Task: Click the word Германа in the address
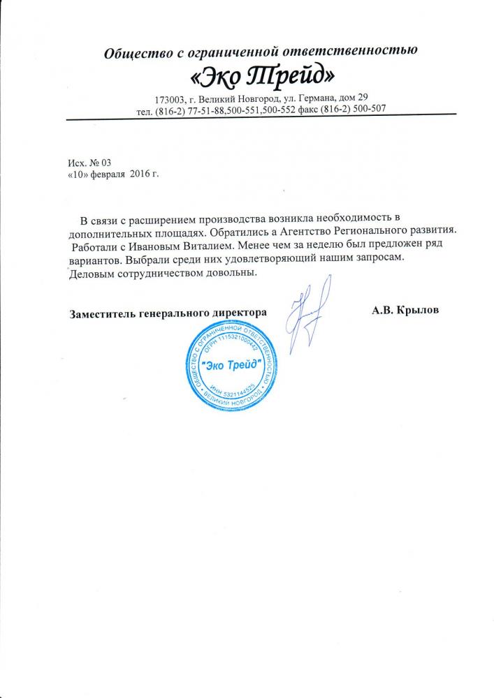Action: click(x=317, y=97)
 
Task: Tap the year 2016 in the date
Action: click(x=140, y=172)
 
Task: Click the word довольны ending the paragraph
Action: click(x=229, y=272)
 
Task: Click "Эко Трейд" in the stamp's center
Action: click(x=229, y=364)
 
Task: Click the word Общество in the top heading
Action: click(x=131, y=52)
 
